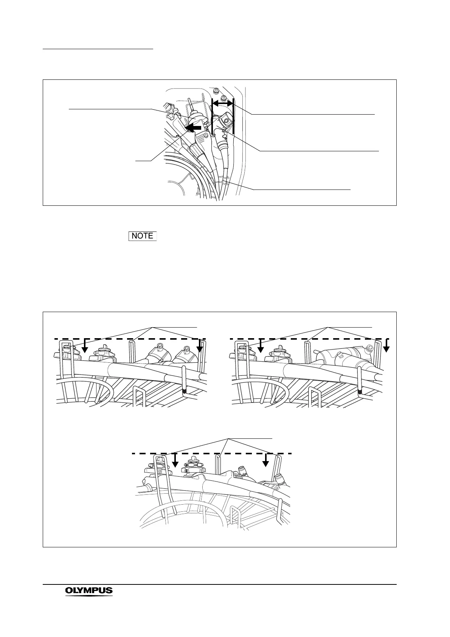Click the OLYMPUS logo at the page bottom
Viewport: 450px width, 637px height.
coord(89,591)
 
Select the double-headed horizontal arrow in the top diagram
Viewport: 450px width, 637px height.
coord(222,103)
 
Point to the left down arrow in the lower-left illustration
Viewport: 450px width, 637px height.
coord(85,345)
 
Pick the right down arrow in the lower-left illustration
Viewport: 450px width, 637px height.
coord(199,345)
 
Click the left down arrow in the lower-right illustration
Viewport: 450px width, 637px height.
coord(260,345)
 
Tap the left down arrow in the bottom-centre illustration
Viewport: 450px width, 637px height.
coord(175,460)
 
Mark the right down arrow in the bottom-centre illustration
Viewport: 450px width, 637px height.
coord(266,460)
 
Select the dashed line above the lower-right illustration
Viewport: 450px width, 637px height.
coord(310,339)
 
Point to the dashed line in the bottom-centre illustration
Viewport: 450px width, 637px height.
coord(212,453)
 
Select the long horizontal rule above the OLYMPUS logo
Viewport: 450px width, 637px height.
coord(219,585)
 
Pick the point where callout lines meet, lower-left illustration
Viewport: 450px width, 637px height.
coord(152,326)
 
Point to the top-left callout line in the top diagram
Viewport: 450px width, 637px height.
coord(110,109)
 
